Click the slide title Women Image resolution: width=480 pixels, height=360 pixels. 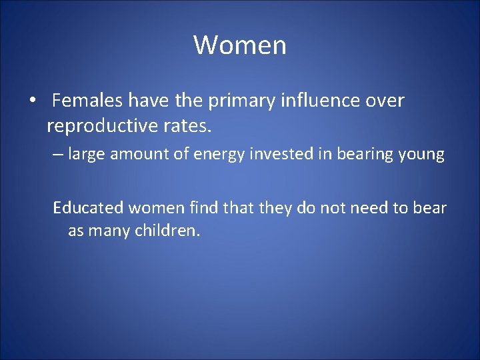(240, 45)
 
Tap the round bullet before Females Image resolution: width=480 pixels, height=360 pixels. (32, 101)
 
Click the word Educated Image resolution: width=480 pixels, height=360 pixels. (89, 208)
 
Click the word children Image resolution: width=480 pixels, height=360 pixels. (167, 231)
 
